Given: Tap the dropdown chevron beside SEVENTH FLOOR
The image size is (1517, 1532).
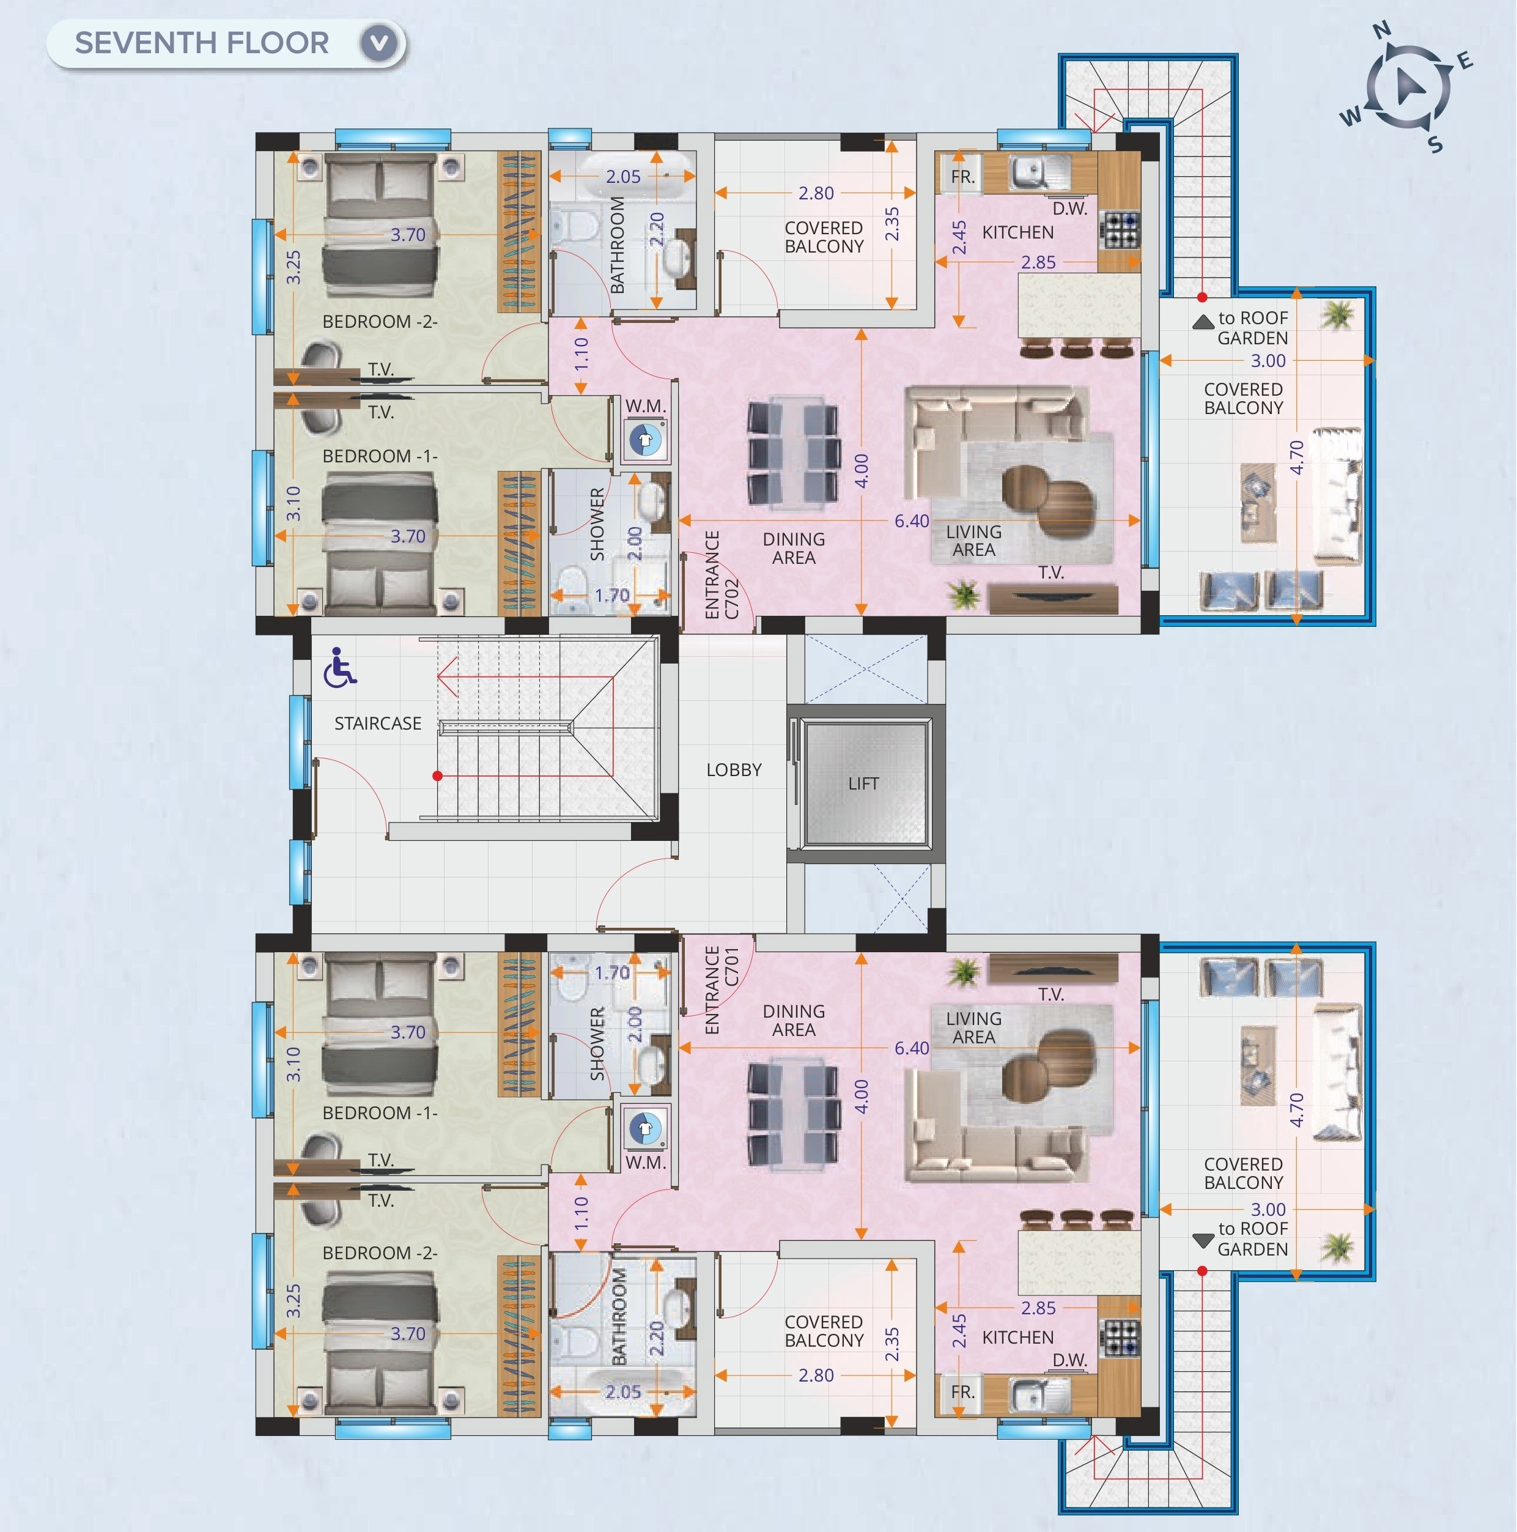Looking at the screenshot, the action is [x=379, y=43].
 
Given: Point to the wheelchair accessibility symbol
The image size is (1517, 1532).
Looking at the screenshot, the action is [x=339, y=666].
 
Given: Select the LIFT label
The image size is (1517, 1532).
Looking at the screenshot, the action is [x=863, y=783].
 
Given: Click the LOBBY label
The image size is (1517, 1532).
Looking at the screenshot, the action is [x=734, y=770].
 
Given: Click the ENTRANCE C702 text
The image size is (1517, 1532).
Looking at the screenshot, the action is [x=722, y=575].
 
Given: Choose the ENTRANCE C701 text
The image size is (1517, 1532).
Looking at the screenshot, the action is [x=722, y=990].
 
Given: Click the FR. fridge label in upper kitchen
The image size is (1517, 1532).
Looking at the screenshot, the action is [x=962, y=177].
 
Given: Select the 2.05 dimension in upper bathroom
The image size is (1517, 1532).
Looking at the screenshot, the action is [x=622, y=177].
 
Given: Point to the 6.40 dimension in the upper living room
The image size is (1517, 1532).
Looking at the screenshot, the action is [x=911, y=521].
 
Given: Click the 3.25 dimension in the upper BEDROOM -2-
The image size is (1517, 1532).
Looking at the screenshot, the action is [x=294, y=267].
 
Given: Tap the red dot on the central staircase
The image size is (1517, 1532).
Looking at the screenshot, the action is [x=437, y=775].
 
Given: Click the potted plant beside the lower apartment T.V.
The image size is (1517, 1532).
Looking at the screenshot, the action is [x=964, y=972].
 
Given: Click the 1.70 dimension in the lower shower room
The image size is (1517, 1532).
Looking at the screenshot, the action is [x=611, y=972].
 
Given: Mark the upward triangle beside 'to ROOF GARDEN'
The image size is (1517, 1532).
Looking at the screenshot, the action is [x=1203, y=321].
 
